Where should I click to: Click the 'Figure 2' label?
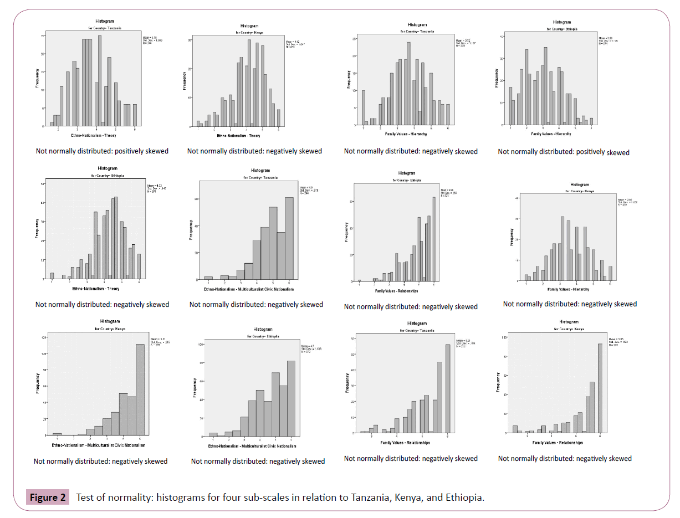click(x=48, y=497)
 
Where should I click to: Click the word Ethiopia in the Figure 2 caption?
click(x=463, y=497)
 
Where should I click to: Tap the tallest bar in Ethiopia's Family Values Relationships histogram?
click(x=433, y=239)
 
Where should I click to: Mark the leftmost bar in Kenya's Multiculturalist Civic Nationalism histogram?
click(x=57, y=433)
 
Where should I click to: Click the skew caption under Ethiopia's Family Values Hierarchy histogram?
click(x=563, y=152)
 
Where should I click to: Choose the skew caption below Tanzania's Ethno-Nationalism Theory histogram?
click(x=102, y=151)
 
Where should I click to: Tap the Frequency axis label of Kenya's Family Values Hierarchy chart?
click(x=511, y=238)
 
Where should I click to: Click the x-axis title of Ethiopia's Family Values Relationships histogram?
click(x=396, y=290)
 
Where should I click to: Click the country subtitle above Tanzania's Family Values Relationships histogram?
click(x=416, y=330)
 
